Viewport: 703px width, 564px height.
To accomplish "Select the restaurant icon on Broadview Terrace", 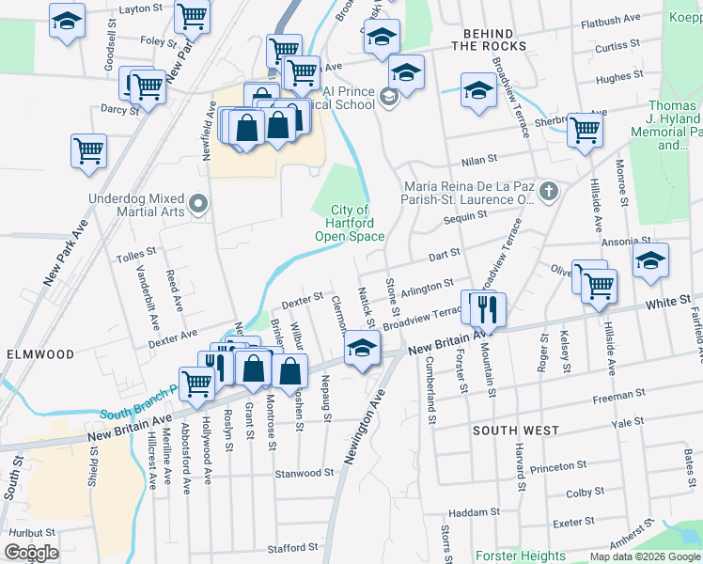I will (x=486, y=307).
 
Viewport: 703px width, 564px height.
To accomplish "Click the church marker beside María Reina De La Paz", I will (x=550, y=193).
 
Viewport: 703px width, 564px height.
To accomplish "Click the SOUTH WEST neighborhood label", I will (x=516, y=431).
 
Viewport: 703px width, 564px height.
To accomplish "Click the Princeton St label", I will (x=558, y=466).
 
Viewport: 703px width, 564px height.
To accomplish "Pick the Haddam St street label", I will (x=474, y=512).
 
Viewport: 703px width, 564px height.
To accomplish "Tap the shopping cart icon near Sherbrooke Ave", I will (x=584, y=130).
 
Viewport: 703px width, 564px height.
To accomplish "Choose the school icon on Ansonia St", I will (x=649, y=261).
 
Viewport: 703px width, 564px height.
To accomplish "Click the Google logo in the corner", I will (x=31, y=553).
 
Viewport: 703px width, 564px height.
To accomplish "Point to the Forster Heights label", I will (x=521, y=556).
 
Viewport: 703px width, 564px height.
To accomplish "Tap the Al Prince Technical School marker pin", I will (x=388, y=96).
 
